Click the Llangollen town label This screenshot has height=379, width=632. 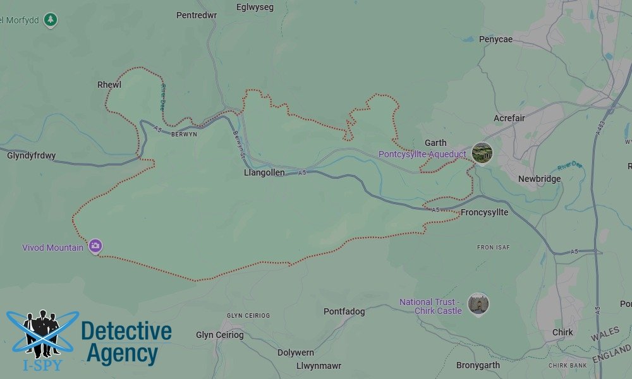click(264, 172)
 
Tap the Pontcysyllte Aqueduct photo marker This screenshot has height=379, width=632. click(482, 153)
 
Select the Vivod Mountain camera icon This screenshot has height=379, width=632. click(95, 246)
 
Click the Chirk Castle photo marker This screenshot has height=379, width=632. click(478, 304)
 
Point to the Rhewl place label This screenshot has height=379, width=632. click(109, 85)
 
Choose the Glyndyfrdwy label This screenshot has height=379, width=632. click(32, 155)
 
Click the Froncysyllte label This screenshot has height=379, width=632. click(484, 212)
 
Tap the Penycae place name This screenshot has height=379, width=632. click(495, 39)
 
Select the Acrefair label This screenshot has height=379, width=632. click(509, 118)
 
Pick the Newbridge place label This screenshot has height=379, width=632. click(539, 179)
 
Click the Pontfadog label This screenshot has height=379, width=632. click(344, 311)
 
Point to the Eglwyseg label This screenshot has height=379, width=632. click(254, 8)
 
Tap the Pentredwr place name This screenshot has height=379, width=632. click(197, 15)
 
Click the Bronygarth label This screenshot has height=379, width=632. click(478, 365)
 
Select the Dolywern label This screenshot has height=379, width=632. click(295, 352)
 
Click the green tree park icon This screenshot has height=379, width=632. click(51, 20)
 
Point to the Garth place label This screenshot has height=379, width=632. click(435, 143)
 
